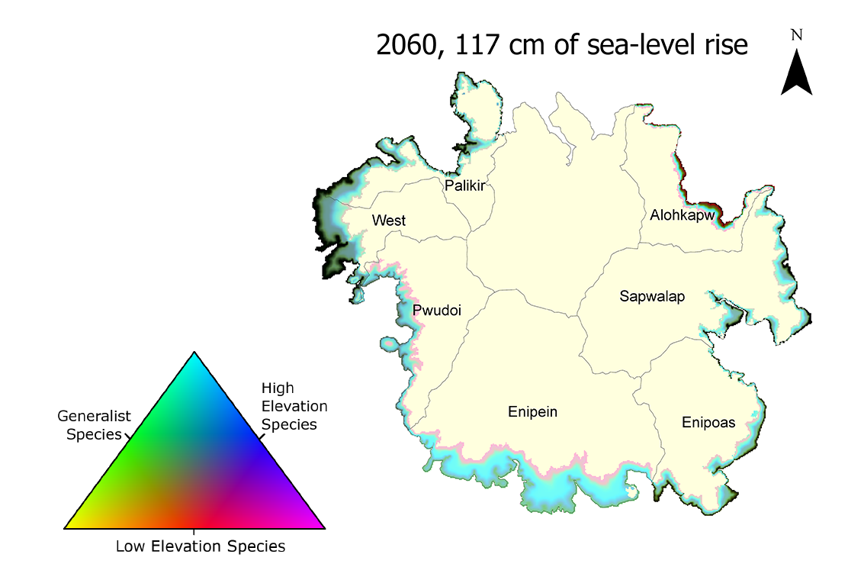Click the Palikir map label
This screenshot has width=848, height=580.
click(465, 185)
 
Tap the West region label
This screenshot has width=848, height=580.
click(389, 221)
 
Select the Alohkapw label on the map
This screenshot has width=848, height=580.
click(683, 215)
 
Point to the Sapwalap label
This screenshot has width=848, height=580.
click(652, 296)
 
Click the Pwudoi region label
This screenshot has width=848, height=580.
click(437, 311)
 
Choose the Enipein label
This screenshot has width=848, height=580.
click(532, 412)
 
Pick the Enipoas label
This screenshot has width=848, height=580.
click(708, 422)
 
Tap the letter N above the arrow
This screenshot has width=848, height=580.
click(797, 34)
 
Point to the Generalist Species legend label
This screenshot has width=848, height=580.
click(95, 425)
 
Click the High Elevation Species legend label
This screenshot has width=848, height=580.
click(294, 406)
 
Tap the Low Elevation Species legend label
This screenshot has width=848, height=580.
click(201, 546)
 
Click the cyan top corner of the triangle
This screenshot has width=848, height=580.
click(195, 356)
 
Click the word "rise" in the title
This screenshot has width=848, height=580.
click(725, 45)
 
